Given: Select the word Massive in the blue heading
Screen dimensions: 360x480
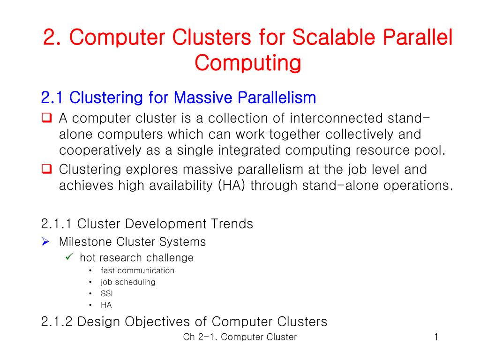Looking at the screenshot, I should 205,98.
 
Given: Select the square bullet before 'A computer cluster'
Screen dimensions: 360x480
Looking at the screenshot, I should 46,118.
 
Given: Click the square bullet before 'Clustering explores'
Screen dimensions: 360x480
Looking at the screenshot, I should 46,169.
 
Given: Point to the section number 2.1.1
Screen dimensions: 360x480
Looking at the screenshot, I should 57,224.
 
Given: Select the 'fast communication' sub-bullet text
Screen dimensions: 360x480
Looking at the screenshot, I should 137,270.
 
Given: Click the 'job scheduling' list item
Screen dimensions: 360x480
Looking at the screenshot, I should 128,282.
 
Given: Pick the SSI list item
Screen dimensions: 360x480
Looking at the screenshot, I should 107,294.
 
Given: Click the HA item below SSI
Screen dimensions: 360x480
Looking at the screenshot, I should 106,305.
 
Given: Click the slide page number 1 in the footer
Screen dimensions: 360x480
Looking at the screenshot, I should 436,337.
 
